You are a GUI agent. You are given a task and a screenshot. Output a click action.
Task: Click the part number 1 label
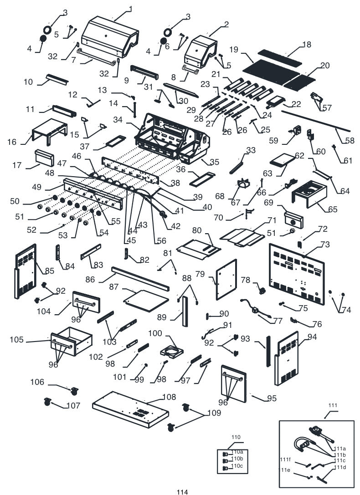130,9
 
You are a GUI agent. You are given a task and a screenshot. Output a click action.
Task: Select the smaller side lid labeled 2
201,50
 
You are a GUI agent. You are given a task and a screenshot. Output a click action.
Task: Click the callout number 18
306,45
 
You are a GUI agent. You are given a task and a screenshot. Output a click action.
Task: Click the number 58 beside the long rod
350,141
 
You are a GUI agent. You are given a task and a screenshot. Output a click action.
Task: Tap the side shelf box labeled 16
50,130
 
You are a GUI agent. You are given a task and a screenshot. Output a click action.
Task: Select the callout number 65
333,210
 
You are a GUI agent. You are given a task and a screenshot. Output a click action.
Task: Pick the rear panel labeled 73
296,273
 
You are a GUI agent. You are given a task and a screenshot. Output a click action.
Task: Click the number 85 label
49,270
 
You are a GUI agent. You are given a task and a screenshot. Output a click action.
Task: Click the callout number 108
169,397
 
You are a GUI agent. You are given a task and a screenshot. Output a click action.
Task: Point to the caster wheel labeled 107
47,402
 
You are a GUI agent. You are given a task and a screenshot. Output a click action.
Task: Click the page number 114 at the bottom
182,492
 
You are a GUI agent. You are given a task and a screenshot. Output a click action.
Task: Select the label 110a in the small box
237,452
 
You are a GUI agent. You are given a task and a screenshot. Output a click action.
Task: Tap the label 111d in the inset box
340,467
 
